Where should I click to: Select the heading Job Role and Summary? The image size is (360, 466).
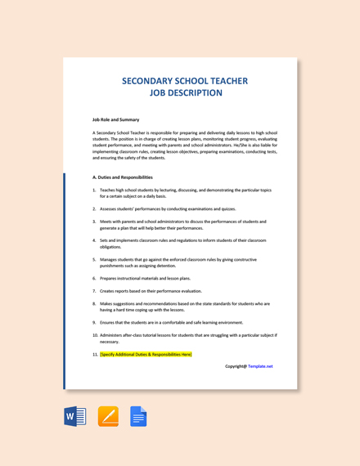[115, 119]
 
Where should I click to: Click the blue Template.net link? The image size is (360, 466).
[260, 366]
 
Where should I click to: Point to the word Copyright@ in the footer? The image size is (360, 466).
[236, 366]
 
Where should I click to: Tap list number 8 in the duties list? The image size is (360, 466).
[94, 303]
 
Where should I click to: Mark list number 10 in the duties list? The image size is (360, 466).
[95, 334]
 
